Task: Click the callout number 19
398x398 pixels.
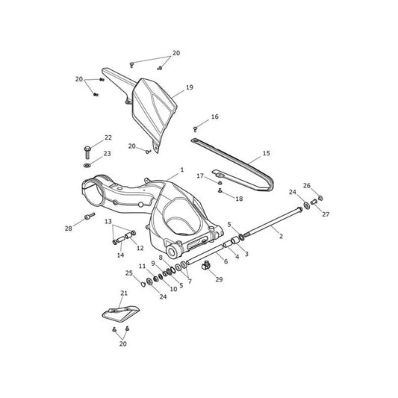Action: click(x=190, y=87)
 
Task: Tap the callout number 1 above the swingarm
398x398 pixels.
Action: click(x=181, y=170)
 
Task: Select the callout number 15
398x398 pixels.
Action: click(x=267, y=153)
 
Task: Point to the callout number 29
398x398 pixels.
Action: click(x=219, y=279)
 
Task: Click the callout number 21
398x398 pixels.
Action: click(x=124, y=293)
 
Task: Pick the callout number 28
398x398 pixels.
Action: click(x=68, y=228)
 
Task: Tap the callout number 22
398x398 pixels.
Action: click(x=108, y=137)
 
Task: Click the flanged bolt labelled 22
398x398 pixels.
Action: click(x=87, y=152)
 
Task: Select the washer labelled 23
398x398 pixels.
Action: click(x=87, y=166)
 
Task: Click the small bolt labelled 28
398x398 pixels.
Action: click(x=90, y=217)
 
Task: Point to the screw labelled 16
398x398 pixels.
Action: click(x=196, y=129)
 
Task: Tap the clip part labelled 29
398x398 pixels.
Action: click(x=206, y=267)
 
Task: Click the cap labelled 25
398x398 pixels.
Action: click(x=143, y=284)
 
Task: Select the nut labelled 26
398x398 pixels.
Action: click(x=320, y=198)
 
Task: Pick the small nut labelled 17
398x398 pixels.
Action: click(x=220, y=182)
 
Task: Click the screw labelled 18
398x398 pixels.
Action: click(x=220, y=190)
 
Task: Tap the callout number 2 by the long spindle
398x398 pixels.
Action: click(x=281, y=236)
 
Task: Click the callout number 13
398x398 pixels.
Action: click(x=108, y=221)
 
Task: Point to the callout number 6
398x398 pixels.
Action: click(x=226, y=261)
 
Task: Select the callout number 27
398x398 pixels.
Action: click(x=326, y=214)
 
